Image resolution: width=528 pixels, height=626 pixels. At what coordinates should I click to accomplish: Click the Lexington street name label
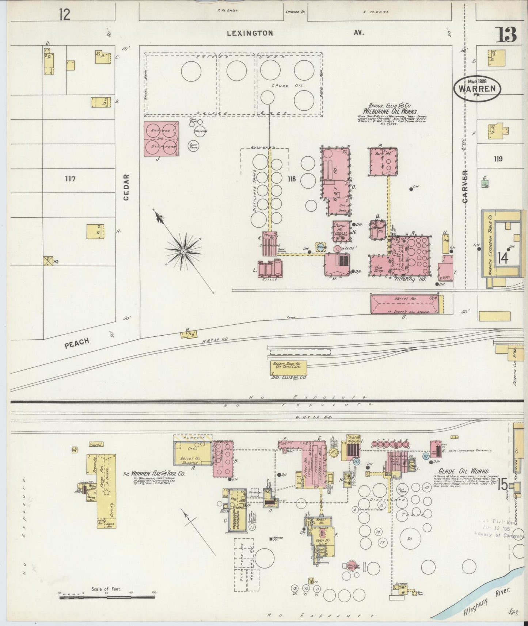[x=250, y=33]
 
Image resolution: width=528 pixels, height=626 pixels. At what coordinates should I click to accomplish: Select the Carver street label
[x=465, y=186]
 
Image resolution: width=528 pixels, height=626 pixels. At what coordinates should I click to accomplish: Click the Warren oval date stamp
[x=477, y=88]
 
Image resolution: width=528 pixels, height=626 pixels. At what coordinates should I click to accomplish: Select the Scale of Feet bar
[x=107, y=597]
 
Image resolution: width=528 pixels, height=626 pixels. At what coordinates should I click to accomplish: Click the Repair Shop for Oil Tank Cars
[x=288, y=368]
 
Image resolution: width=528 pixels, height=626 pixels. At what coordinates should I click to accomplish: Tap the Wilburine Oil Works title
[x=390, y=112]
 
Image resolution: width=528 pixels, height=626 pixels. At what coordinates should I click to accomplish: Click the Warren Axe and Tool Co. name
[x=154, y=473]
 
